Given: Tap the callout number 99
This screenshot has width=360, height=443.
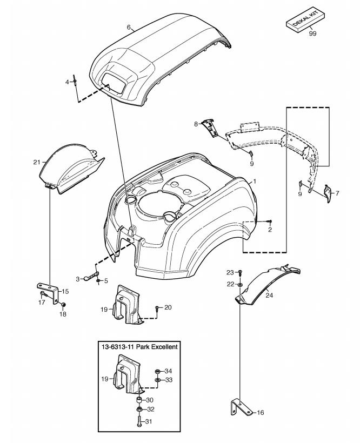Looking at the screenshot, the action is (312, 33).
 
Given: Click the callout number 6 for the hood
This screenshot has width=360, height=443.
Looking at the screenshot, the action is (129, 28).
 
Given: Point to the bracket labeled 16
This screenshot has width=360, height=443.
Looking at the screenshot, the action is (241, 407).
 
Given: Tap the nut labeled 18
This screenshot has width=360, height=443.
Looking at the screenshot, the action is (64, 304).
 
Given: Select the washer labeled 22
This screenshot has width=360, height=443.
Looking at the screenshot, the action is (240, 284).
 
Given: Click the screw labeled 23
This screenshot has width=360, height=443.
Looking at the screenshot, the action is (240, 272).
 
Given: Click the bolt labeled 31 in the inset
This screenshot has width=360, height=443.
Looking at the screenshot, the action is (139, 422).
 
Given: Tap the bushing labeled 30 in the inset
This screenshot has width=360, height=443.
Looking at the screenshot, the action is (139, 400).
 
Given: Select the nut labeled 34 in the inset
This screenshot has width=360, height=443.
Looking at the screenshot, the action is (158, 371).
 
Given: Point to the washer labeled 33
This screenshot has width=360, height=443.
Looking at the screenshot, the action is (158, 380).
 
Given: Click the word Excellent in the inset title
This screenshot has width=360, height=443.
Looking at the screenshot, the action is (164, 347).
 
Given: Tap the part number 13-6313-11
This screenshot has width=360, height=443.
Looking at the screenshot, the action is (118, 347).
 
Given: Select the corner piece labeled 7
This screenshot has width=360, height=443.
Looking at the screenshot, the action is (328, 193).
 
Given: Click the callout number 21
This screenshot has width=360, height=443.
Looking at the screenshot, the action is (37, 162).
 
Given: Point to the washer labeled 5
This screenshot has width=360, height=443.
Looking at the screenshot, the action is (98, 281).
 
